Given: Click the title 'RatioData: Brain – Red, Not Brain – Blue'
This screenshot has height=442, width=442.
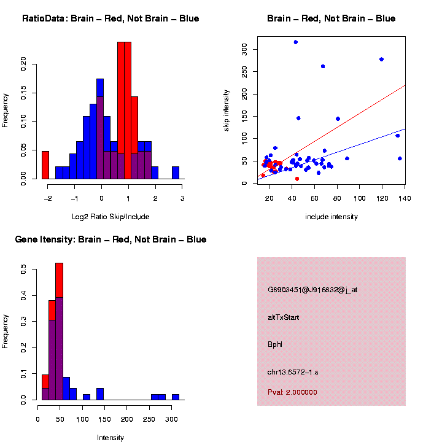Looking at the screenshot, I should (x=110, y=18).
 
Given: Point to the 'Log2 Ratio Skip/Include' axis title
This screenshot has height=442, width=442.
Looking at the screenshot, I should (x=110, y=217).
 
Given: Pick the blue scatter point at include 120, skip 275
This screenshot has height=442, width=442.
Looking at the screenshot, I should (x=382, y=60).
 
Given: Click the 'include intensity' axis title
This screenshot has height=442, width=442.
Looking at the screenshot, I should (x=331, y=217).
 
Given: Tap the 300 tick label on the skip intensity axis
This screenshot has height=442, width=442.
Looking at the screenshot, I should (x=244, y=48).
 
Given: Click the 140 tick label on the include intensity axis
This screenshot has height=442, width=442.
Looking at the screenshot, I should (x=405, y=198).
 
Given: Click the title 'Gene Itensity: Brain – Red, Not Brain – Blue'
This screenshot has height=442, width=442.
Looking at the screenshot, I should (x=110, y=239).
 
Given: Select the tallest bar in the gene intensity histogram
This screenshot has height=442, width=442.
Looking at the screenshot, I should (x=60, y=331).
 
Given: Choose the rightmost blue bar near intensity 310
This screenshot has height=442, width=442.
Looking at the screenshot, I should (x=176, y=397).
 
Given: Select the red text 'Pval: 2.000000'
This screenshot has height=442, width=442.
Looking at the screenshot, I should (x=292, y=392).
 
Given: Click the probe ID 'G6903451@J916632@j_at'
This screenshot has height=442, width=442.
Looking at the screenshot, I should (x=312, y=290).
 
